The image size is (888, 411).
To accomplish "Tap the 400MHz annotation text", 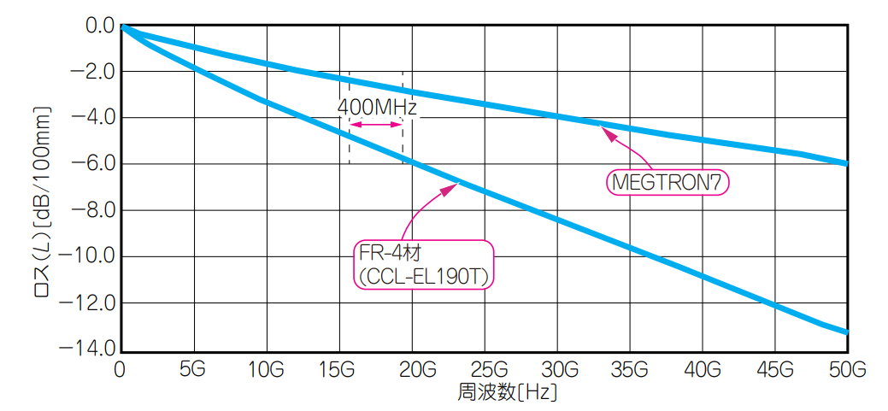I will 377,109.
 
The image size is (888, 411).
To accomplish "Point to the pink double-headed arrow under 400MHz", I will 376,125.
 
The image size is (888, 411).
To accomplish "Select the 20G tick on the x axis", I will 413,371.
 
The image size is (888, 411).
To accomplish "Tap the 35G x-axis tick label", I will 630,371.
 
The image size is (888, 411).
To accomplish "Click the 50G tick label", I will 847,371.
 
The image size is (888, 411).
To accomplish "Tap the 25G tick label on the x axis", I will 485,371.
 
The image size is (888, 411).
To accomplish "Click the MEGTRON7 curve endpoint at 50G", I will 846,162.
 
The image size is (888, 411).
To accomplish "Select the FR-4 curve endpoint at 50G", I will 846,332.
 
